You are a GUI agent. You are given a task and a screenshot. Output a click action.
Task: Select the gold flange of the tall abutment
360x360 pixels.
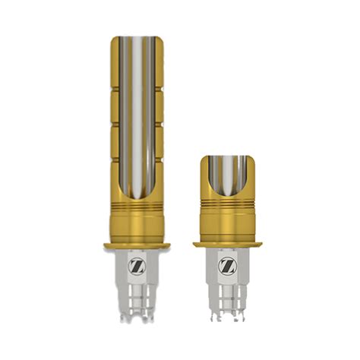(137, 245)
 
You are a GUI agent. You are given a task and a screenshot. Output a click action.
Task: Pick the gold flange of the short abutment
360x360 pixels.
(226, 244)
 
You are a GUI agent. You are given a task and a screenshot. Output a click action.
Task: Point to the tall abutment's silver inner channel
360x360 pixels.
(137, 114)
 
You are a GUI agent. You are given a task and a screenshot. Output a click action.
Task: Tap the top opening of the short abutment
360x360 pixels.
(226, 157)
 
